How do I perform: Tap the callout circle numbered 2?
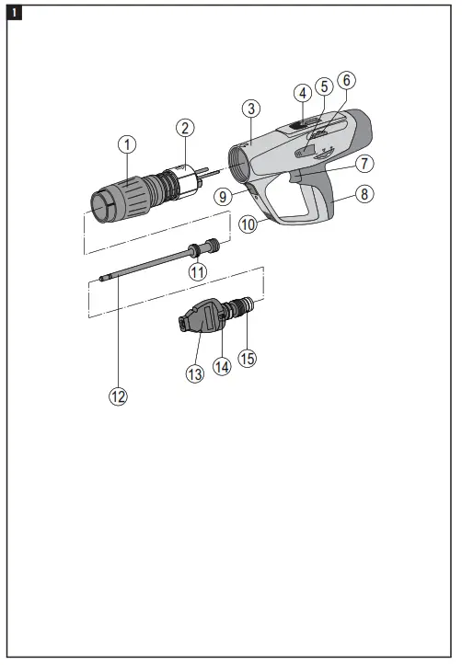185,127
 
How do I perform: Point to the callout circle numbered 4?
301,92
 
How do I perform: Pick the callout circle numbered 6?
345,81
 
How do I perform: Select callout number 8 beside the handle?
366,195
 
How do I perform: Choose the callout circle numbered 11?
197,271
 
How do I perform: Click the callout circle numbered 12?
118,396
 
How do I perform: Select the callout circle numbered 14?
222,364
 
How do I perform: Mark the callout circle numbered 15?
247,358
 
